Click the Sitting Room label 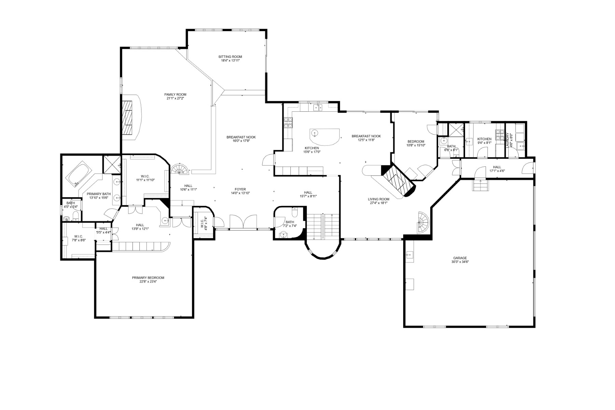(x=230, y=58)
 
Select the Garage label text (x=460, y=258)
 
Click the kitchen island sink (x=314, y=133)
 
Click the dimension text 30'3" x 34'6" (x=460, y=262)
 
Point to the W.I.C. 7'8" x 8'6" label (x=78, y=238)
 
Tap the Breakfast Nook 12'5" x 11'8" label (x=366, y=138)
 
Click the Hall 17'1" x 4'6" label (x=497, y=169)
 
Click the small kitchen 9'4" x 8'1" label (x=484, y=141)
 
